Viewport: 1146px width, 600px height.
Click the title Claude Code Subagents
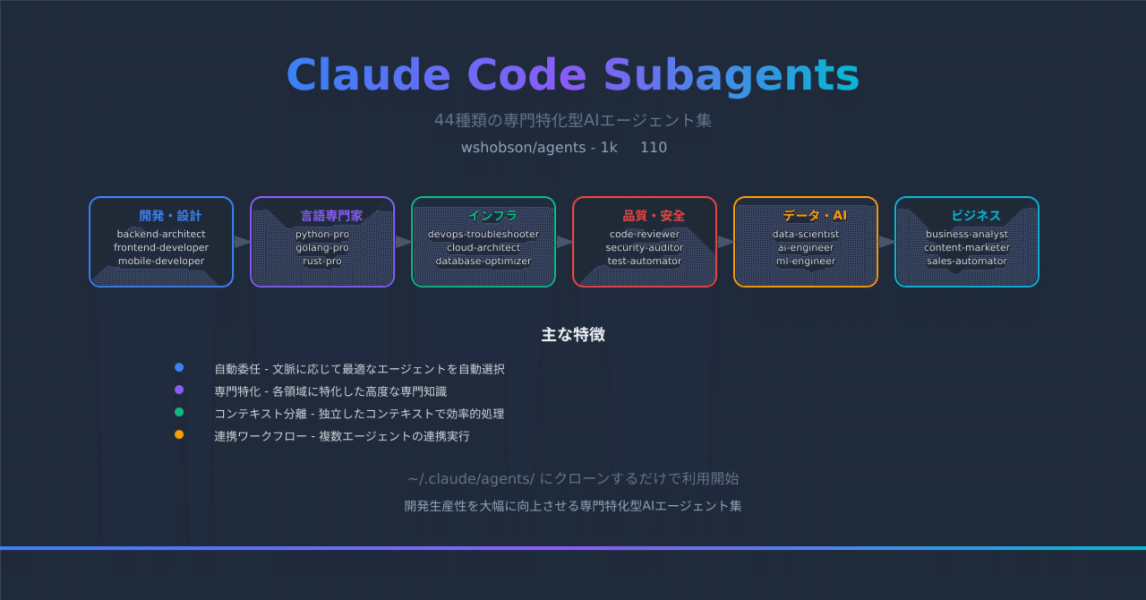point(573,75)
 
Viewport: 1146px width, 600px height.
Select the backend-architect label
point(161,235)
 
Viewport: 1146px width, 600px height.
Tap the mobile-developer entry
point(161,261)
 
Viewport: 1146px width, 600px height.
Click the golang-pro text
point(322,248)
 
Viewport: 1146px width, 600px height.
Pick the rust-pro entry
point(322,261)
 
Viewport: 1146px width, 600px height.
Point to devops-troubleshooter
point(483,235)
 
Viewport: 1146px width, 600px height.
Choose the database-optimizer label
point(483,261)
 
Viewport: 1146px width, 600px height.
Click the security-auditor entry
point(645,248)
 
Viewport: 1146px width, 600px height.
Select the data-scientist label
point(806,235)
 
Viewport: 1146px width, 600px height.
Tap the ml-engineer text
point(806,261)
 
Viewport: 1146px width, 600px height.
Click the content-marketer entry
point(967,248)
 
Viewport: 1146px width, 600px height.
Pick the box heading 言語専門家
point(331,216)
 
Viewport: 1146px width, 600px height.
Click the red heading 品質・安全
point(654,216)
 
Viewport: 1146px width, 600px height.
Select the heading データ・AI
point(815,216)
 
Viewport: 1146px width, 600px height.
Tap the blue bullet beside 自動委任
point(179,367)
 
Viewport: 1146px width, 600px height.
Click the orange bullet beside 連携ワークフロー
point(179,434)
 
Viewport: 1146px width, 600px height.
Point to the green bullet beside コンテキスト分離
point(179,412)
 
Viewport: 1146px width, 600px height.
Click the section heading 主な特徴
point(573,335)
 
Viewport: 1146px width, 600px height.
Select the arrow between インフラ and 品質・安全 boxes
point(564,242)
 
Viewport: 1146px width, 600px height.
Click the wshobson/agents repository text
point(525,148)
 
